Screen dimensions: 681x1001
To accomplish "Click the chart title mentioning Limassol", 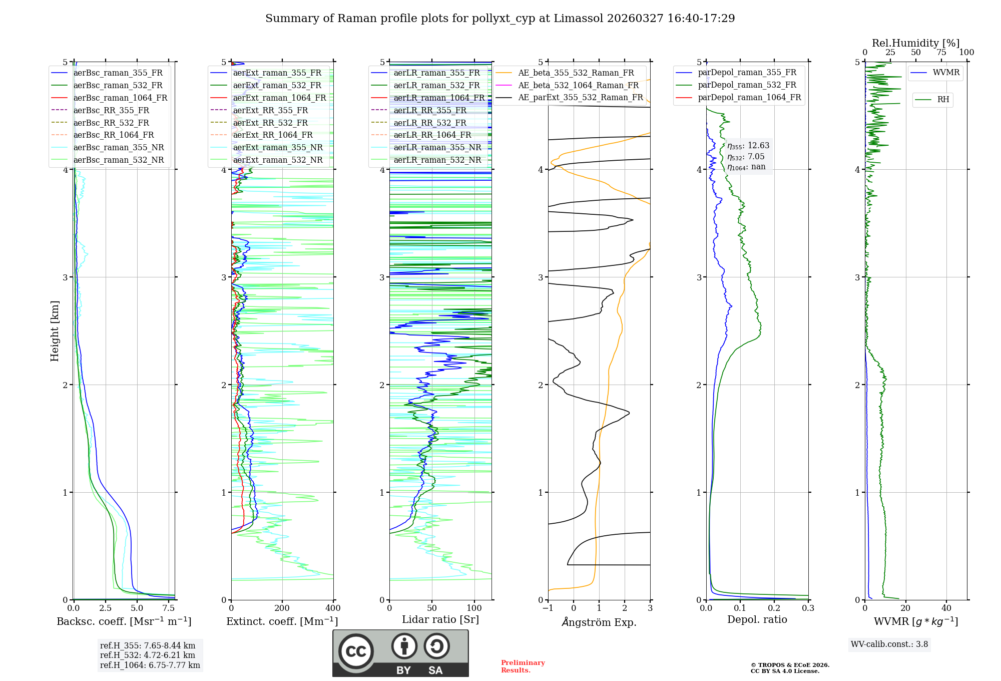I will click(500, 19).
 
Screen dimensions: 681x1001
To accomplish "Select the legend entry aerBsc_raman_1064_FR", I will click(120, 98).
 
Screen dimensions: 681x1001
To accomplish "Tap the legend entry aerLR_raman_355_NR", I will click(437, 147).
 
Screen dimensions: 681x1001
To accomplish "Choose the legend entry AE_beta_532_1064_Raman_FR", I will click(578, 85).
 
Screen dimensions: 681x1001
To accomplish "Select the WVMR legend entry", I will click(946, 73).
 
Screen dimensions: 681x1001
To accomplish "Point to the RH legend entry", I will click(943, 100).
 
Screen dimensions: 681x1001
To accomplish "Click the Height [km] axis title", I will click(55, 331).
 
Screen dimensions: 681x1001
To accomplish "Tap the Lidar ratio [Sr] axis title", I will click(440, 619).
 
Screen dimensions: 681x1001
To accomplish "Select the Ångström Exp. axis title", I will click(599, 622).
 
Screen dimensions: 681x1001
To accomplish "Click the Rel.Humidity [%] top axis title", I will click(915, 43).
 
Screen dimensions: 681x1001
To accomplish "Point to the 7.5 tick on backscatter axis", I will click(169, 608).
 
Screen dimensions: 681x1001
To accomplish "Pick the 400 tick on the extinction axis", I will click(333, 608).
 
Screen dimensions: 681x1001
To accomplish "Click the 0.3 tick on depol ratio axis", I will click(808, 608).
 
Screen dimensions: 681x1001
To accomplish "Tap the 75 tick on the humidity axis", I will click(941, 53).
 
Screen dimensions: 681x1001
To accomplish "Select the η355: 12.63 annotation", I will click(748, 146).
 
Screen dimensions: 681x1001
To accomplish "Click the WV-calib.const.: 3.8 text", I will click(889, 644).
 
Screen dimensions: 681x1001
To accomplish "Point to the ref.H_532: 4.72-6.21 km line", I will click(148, 655).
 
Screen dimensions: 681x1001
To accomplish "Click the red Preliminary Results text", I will click(523, 666).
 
